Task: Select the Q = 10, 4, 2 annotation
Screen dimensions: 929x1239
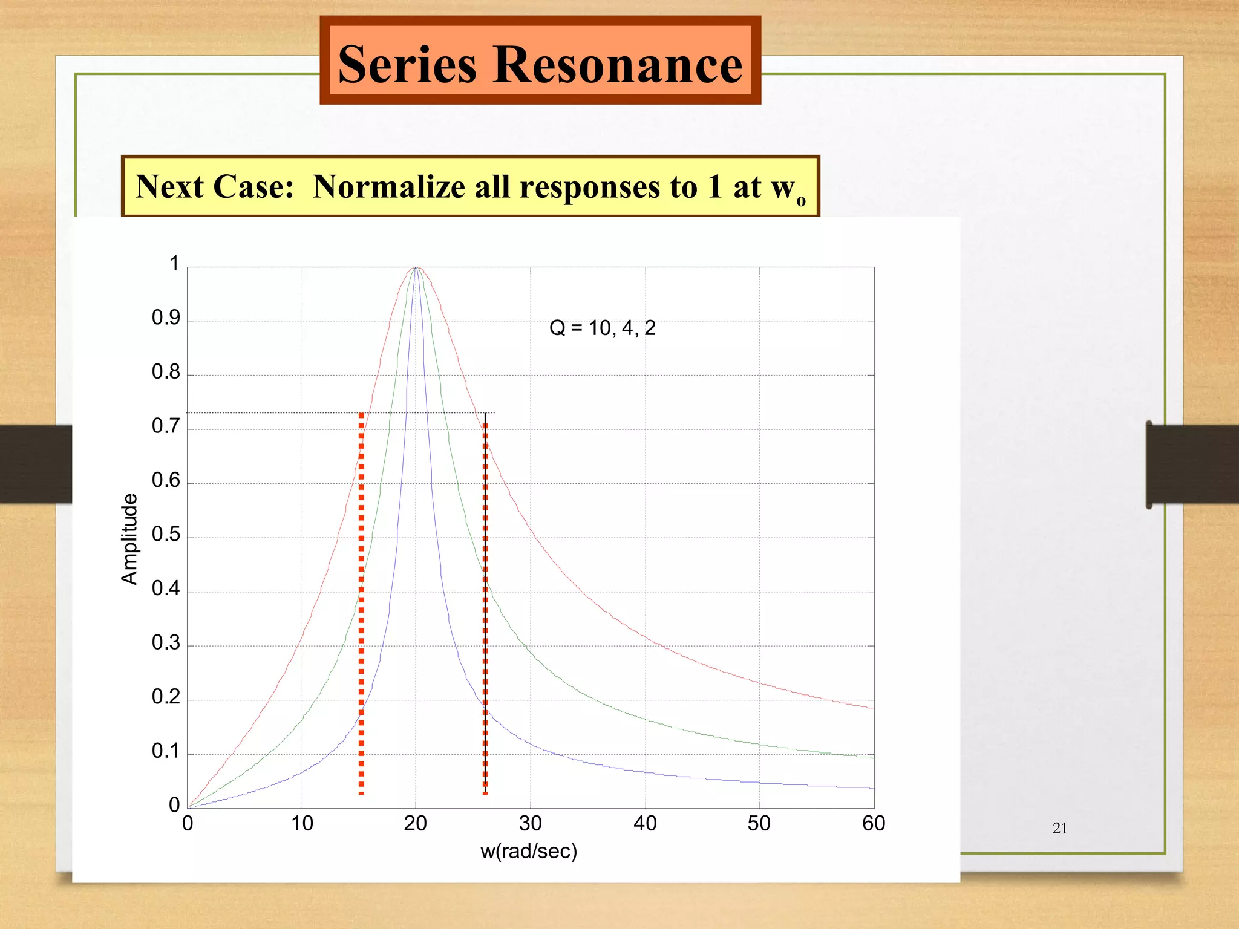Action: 602,328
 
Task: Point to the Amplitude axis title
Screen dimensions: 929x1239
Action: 129,539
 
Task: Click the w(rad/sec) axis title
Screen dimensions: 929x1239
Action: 528,851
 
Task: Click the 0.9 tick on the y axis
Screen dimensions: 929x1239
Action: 166,318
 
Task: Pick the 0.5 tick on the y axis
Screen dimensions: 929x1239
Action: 166,534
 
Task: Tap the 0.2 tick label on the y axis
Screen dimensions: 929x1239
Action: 166,697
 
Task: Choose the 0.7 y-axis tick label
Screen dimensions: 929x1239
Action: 166,426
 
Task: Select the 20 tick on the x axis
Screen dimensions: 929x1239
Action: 416,823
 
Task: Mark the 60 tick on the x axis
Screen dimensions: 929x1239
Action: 874,823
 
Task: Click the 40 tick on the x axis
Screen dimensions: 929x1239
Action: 645,823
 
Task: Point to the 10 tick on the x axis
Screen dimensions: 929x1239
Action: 302,823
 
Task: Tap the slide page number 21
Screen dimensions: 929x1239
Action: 1060,828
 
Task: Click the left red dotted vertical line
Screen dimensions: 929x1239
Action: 361,605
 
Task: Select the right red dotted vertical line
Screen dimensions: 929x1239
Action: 485,605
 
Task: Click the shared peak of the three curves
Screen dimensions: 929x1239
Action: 416,268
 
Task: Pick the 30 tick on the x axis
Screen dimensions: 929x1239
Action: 531,823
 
